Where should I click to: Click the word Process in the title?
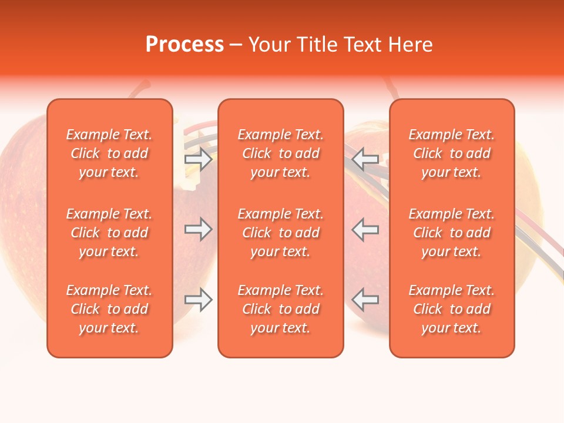coord(184,45)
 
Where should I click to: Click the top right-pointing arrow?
coord(198,159)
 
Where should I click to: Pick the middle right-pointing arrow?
coord(198,229)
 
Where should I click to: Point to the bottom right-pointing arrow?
coord(198,300)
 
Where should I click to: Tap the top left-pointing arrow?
coord(365,159)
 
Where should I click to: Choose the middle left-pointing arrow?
coord(365,229)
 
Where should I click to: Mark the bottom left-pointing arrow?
coord(365,300)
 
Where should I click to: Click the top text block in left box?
coord(109,153)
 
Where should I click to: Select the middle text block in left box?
coord(109,233)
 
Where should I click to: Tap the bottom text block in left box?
coord(109,309)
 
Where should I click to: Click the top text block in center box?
coord(281,153)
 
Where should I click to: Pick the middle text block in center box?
coord(281,233)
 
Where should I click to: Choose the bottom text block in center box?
coord(281,309)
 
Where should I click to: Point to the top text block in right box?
coord(452,153)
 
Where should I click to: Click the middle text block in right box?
coord(452,233)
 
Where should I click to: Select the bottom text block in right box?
coord(452,309)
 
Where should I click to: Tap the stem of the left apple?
coord(140,89)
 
